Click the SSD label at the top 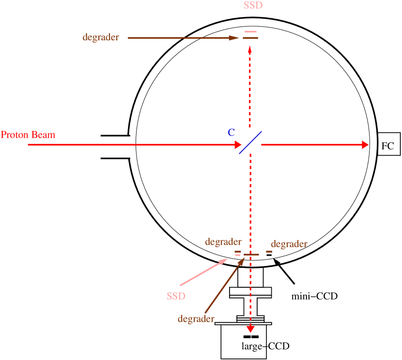[x=254, y=6]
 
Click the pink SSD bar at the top [x=250, y=31]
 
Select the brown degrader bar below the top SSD [x=250, y=38]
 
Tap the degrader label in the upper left [x=101, y=37]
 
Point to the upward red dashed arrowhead [x=250, y=48]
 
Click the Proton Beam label [x=28, y=135]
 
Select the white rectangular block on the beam [x=121, y=147]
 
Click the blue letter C [x=232, y=133]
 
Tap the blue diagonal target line [x=250, y=142]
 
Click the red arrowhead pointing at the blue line [x=238, y=144]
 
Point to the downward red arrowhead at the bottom [x=250, y=329]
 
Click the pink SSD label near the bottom [x=176, y=296]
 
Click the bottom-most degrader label [x=196, y=319]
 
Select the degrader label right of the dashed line [x=289, y=244]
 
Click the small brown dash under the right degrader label [x=269, y=251]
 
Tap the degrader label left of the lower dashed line [x=223, y=241]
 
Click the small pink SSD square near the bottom [x=238, y=255]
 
